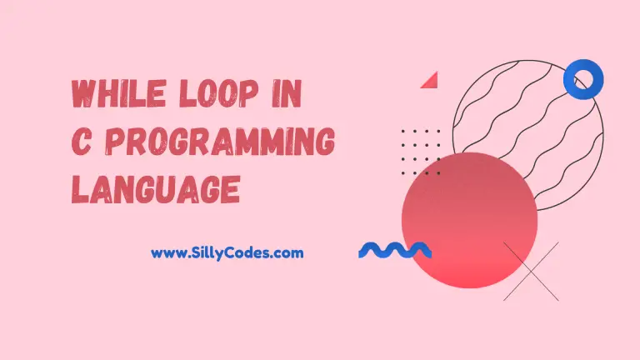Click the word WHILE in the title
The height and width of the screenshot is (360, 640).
pyautogui.click(x=119, y=93)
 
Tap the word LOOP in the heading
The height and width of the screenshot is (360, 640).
pyautogui.click(x=219, y=93)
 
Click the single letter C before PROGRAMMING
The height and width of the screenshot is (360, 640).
pyautogui.click(x=81, y=142)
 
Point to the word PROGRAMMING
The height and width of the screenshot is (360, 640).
pyautogui.click(x=220, y=142)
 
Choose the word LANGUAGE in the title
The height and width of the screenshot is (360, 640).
pyautogui.click(x=156, y=189)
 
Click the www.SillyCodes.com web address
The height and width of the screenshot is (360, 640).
pyautogui.click(x=227, y=253)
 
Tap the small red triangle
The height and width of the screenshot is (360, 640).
pyautogui.click(x=430, y=81)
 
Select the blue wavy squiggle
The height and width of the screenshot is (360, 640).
pyautogui.click(x=395, y=250)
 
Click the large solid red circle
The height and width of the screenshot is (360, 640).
pyautogui.click(x=469, y=220)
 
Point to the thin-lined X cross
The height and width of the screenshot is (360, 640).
pyautogui.click(x=531, y=272)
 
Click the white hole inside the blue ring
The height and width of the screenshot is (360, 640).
pyautogui.click(x=583, y=78)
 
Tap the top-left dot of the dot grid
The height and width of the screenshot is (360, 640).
pyautogui.click(x=403, y=132)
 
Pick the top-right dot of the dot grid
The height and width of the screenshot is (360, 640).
pyautogui.click(x=439, y=132)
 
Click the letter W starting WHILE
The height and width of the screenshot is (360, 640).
pyautogui.click(x=85, y=94)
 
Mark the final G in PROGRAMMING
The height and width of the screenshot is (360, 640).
pyautogui.click(x=325, y=142)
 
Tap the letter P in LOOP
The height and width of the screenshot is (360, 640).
pyautogui.click(x=249, y=93)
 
